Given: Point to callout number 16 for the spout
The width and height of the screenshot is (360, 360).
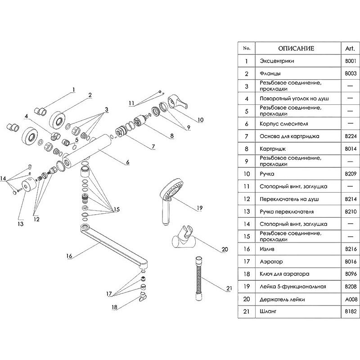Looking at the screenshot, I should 69,256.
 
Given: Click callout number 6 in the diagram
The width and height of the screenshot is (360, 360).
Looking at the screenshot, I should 127,162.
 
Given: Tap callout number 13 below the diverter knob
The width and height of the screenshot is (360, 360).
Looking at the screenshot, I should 20,223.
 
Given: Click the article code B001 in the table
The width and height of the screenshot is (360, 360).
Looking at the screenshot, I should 350,61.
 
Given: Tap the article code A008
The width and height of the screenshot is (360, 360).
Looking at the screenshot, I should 350,298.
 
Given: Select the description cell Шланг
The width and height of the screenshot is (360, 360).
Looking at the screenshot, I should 268,311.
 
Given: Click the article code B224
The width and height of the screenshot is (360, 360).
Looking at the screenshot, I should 350,135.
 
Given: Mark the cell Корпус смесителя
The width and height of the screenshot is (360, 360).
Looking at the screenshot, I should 283,123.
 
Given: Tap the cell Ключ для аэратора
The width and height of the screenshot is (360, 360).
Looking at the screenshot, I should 284,274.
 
